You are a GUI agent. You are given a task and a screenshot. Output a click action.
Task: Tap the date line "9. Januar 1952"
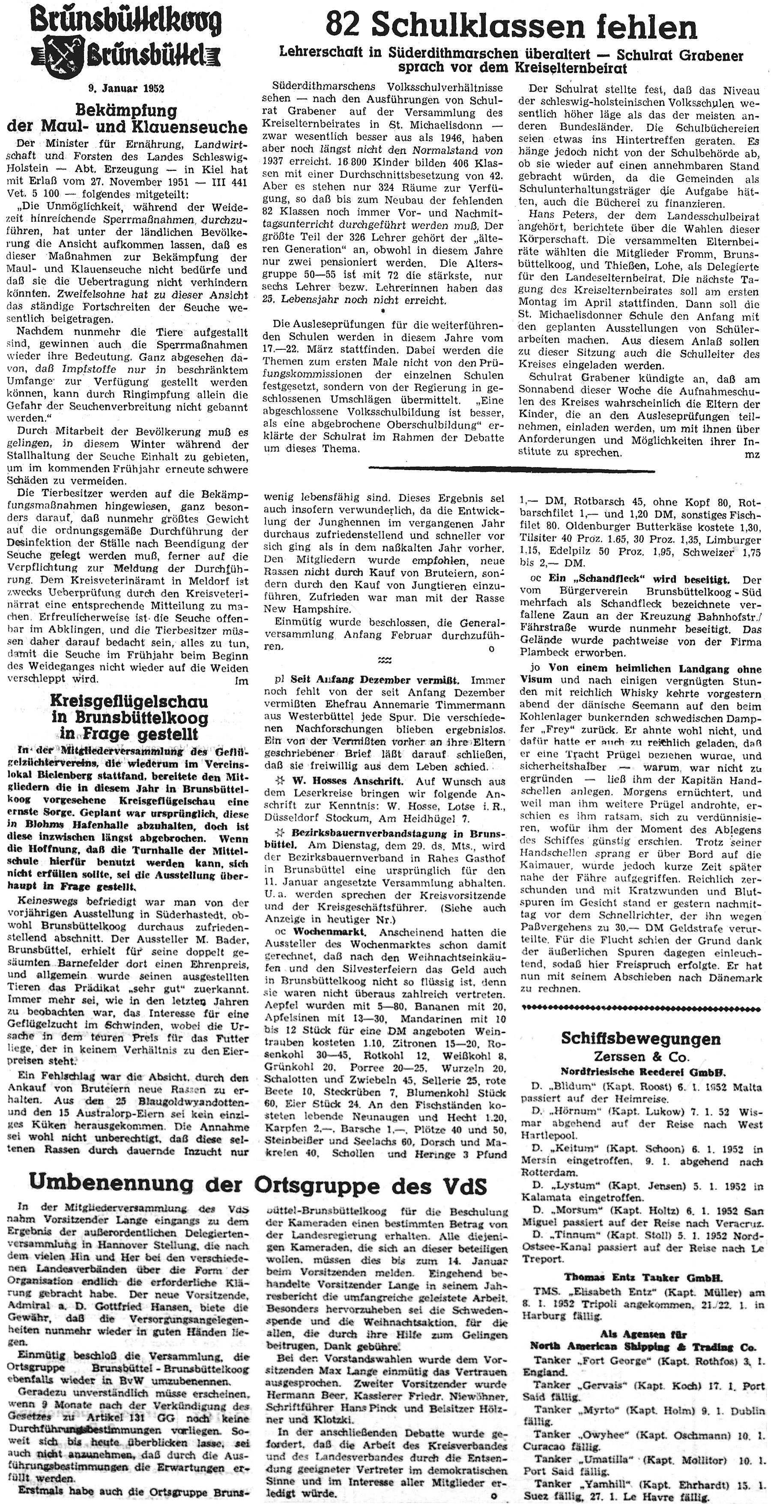pyautogui.click(x=126, y=88)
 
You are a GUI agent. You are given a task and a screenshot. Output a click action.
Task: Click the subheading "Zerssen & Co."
pyautogui.click(x=641, y=1056)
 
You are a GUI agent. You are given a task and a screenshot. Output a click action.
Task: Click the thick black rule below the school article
pyautogui.click(x=512, y=468)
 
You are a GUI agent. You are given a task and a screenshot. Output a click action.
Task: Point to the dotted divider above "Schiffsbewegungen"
pyautogui.click(x=641, y=1008)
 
